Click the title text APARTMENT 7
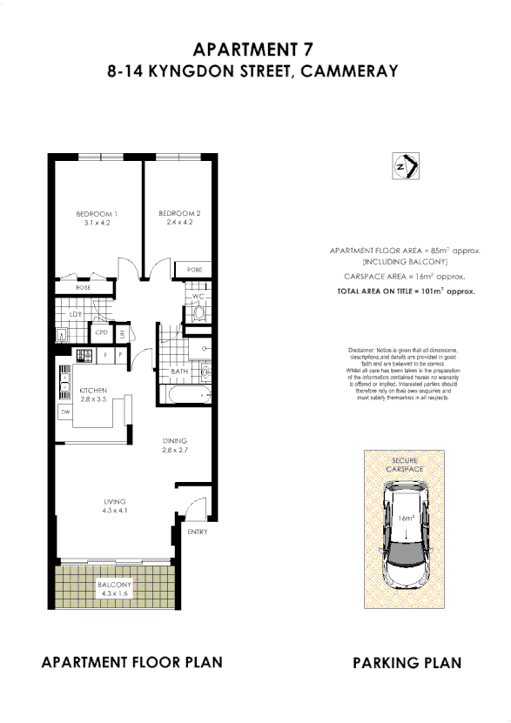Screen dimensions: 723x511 coord(252,49)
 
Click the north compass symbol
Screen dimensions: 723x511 coord(405,165)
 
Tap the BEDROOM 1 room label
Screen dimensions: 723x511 coord(97,214)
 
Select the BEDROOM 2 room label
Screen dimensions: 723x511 coord(179,214)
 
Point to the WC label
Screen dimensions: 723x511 coord(198,297)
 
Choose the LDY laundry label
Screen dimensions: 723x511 coord(76,315)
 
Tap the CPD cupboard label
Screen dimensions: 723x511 coord(101,332)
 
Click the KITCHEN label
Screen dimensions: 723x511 coord(93,392)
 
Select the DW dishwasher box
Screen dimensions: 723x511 coord(65,412)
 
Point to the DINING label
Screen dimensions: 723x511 coord(174,441)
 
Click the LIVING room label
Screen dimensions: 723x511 coord(115,502)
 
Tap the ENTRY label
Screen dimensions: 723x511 coord(198,532)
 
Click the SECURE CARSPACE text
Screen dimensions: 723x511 coord(407,464)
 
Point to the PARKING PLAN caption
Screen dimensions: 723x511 coord(407,663)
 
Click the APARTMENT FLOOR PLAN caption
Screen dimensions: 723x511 coord(131,662)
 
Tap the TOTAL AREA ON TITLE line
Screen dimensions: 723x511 coord(406,291)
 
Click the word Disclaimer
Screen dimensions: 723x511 coord(361,348)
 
